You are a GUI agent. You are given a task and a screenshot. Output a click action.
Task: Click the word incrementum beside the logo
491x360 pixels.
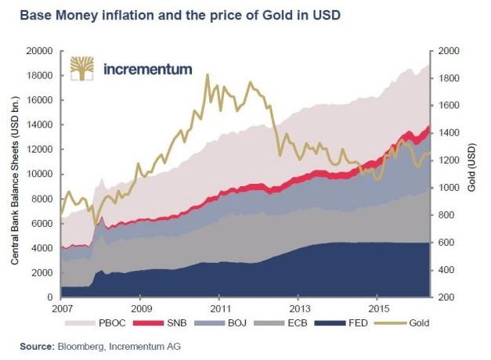147,69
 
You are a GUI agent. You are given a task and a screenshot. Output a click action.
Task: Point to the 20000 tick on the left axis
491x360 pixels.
38,51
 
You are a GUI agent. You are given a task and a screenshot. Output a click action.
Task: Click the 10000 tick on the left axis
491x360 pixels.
38,174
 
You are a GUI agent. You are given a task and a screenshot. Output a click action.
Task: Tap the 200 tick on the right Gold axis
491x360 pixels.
446,297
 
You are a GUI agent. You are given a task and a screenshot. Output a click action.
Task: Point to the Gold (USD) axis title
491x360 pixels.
472,174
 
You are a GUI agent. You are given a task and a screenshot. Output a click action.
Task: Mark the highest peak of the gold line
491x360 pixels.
207,75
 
